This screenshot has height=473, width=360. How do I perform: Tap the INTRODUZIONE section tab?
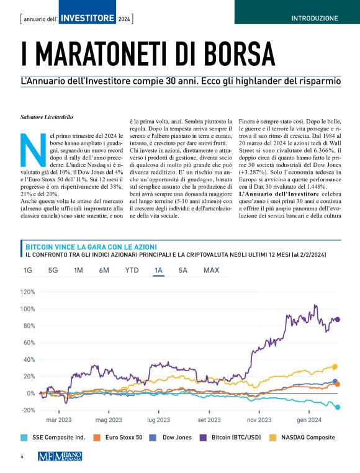(315, 19)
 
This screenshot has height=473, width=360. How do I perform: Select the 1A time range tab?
(158, 271)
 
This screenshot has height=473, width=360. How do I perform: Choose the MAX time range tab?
(211, 271)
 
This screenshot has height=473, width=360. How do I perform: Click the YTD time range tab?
(132, 271)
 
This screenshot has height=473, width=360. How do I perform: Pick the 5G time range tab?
(53, 271)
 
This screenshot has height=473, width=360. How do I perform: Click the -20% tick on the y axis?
(27, 410)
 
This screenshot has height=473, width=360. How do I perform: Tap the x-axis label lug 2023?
(159, 420)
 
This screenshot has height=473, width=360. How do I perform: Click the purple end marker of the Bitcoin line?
(338, 320)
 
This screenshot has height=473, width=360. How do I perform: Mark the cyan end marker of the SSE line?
(338, 407)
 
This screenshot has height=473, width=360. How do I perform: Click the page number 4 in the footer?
(22, 457)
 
